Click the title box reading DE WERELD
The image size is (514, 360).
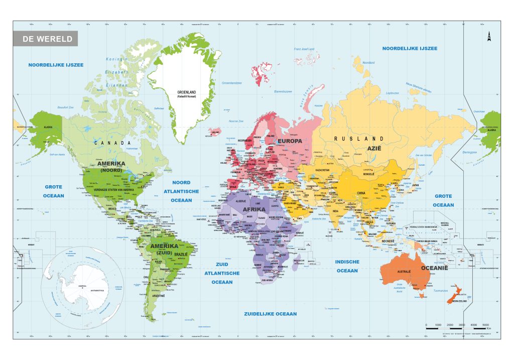pos(45,39)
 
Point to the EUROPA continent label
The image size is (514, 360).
pos(289,141)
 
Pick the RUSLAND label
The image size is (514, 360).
pos(359,139)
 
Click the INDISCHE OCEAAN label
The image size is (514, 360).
pos(347,266)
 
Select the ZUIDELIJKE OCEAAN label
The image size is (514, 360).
pos(270,314)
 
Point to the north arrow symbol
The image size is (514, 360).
pos(488,36)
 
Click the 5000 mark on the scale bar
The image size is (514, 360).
pos(485,325)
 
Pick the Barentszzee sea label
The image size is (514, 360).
pos(283,92)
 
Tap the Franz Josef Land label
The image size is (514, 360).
pos(304,49)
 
